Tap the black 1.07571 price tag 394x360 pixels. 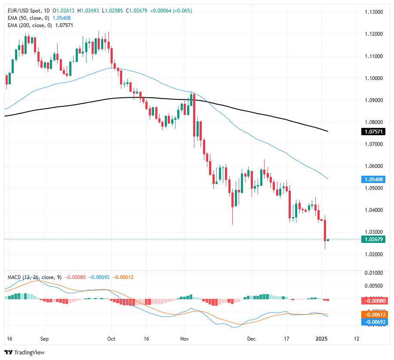372,131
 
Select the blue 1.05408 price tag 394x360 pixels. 372,179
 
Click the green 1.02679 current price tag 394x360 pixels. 372,239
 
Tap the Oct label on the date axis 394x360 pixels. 111,339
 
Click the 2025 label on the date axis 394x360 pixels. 323,339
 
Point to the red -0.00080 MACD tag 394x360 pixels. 372,300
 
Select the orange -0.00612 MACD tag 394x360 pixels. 372,315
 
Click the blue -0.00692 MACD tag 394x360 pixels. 372,322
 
